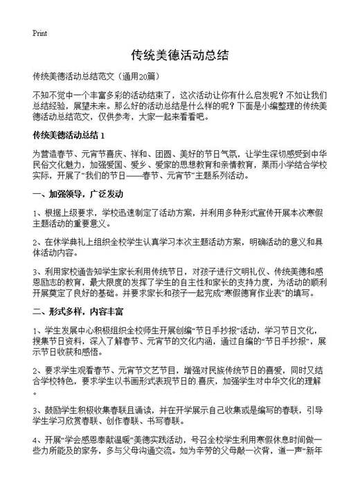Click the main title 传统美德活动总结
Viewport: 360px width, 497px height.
(179, 54)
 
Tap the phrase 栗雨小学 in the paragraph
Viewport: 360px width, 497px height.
(286, 165)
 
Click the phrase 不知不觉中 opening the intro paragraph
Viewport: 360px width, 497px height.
(54, 94)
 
